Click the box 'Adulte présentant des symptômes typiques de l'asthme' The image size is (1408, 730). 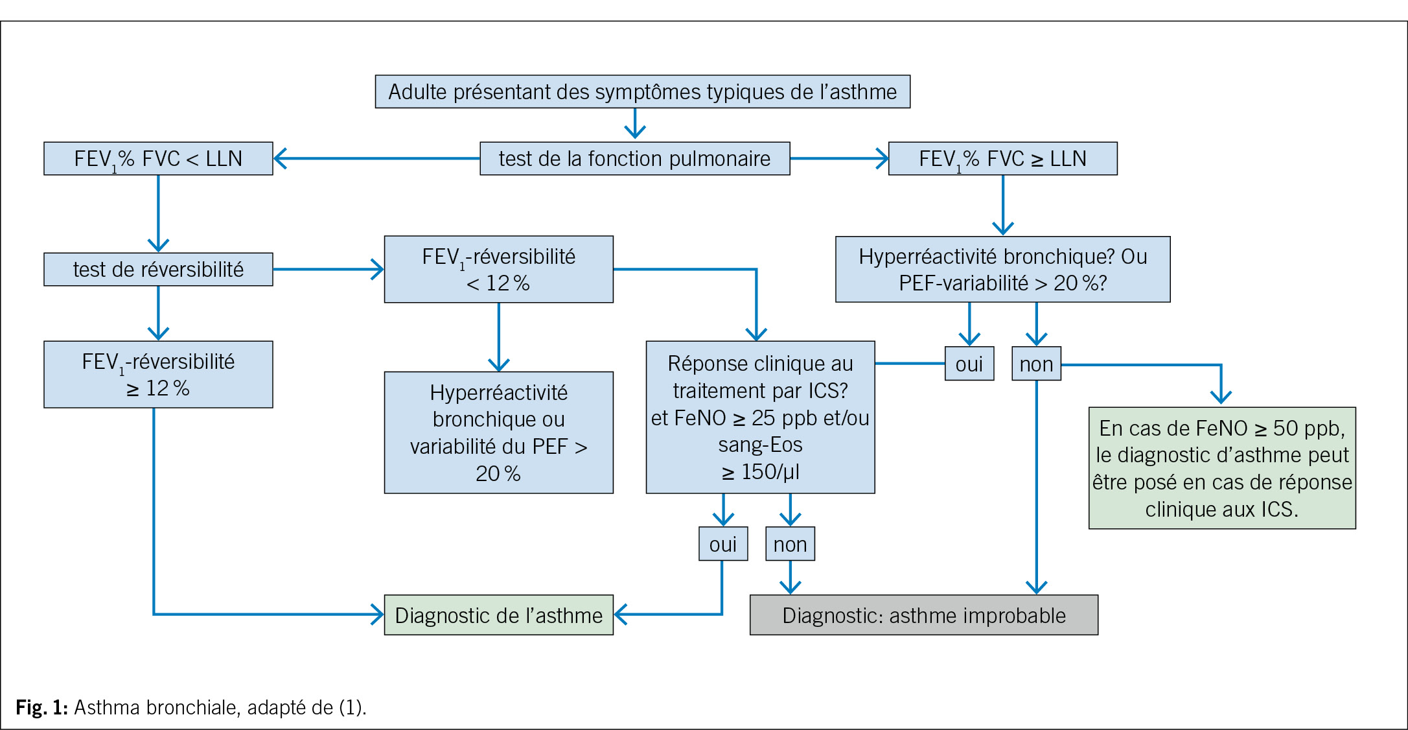point(642,91)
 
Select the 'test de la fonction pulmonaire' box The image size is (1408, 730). point(634,158)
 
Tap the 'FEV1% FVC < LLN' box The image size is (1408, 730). point(158,158)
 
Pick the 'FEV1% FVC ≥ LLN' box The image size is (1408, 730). point(1002,158)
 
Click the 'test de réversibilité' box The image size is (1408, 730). point(158,269)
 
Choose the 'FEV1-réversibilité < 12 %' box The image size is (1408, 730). point(498,269)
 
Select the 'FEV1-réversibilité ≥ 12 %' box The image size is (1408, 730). point(158,374)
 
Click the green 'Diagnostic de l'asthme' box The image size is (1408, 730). point(498,615)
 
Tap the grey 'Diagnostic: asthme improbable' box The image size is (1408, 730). point(923,615)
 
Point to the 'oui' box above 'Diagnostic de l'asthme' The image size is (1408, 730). point(722,544)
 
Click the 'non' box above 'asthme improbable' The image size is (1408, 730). point(790,544)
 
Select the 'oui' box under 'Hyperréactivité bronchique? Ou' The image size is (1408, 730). point(969,364)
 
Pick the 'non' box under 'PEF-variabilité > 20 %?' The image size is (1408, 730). point(1036,364)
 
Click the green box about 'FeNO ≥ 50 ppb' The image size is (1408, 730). point(1222,467)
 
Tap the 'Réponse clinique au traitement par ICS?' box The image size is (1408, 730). point(760,417)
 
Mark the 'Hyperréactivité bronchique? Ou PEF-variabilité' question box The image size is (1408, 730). point(1002,269)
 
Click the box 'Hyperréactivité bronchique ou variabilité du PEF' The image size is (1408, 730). point(498,432)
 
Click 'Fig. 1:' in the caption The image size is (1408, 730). point(41,707)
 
